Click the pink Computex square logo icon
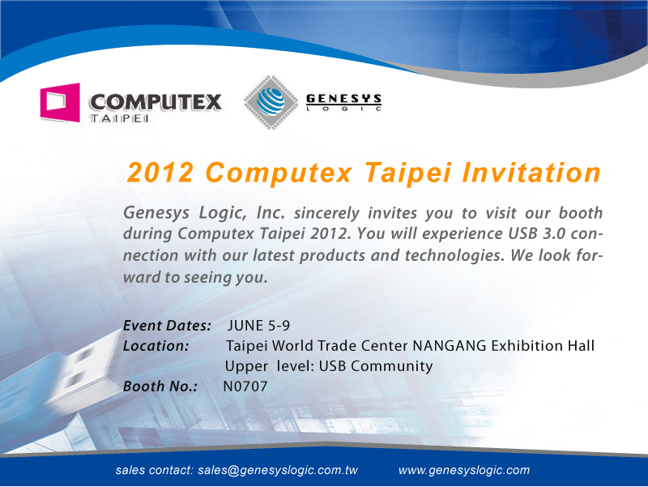[x=60, y=102]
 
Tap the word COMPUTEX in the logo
[x=156, y=102]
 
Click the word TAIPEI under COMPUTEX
[x=119, y=118]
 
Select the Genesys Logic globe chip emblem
[x=271, y=102]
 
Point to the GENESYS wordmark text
[x=343, y=99]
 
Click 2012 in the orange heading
[x=160, y=172]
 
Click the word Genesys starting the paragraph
[x=156, y=213]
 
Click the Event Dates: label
[x=168, y=326]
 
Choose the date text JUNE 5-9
[x=258, y=326]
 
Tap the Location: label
[x=156, y=346]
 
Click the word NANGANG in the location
[x=450, y=346]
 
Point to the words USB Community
[x=376, y=366]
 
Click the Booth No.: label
[x=160, y=387]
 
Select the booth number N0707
[x=245, y=387]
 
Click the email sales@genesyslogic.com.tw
[x=278, y=470]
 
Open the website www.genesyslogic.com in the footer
[x=464, y=470]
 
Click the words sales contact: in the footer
[x=154, y=470]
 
